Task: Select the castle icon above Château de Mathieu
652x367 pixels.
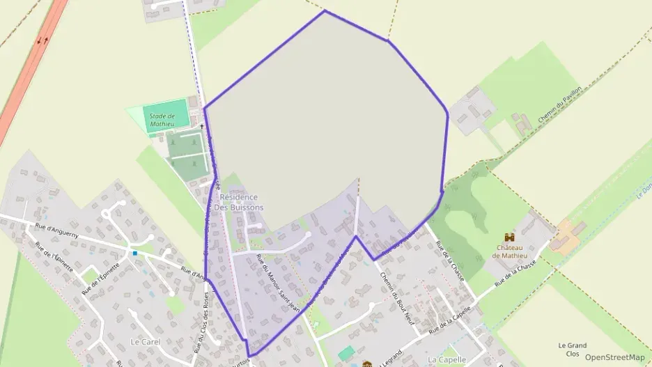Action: (x=509, y=237)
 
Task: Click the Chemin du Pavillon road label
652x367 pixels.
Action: (x=561, y=105)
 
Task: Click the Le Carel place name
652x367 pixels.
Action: (x=145, y=342)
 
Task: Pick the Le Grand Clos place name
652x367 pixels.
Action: (x=573, y=349)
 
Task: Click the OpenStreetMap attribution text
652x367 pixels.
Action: (x=614, y=357)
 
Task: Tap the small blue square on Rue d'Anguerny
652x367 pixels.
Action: (x=135, y=253)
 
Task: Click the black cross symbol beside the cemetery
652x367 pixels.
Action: (x=202, y=126)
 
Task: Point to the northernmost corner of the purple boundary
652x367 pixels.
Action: (x=324, y=10)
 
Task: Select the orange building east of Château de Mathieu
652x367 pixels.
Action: (x=568, y=237)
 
